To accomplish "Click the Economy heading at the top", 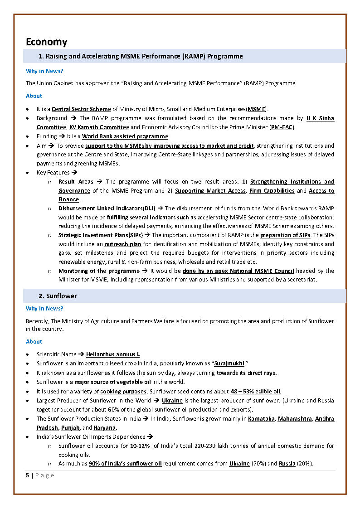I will click(46, 42).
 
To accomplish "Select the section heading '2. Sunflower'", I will click(57, 296).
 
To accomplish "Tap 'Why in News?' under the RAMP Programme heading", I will click(44, 71).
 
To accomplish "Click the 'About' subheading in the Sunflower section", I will click(34, 341).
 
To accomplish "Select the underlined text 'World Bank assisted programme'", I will click(125, 136).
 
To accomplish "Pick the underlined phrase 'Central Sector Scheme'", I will click(81, 109).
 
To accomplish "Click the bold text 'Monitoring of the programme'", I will click(99, 271).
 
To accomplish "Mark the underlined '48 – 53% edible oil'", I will click(255, 391).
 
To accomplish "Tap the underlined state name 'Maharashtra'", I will click(295, 419).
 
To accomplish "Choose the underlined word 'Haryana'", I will click(105, 428).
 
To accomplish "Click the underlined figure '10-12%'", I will click(140, 446).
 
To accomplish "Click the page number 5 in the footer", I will click(27, 475).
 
